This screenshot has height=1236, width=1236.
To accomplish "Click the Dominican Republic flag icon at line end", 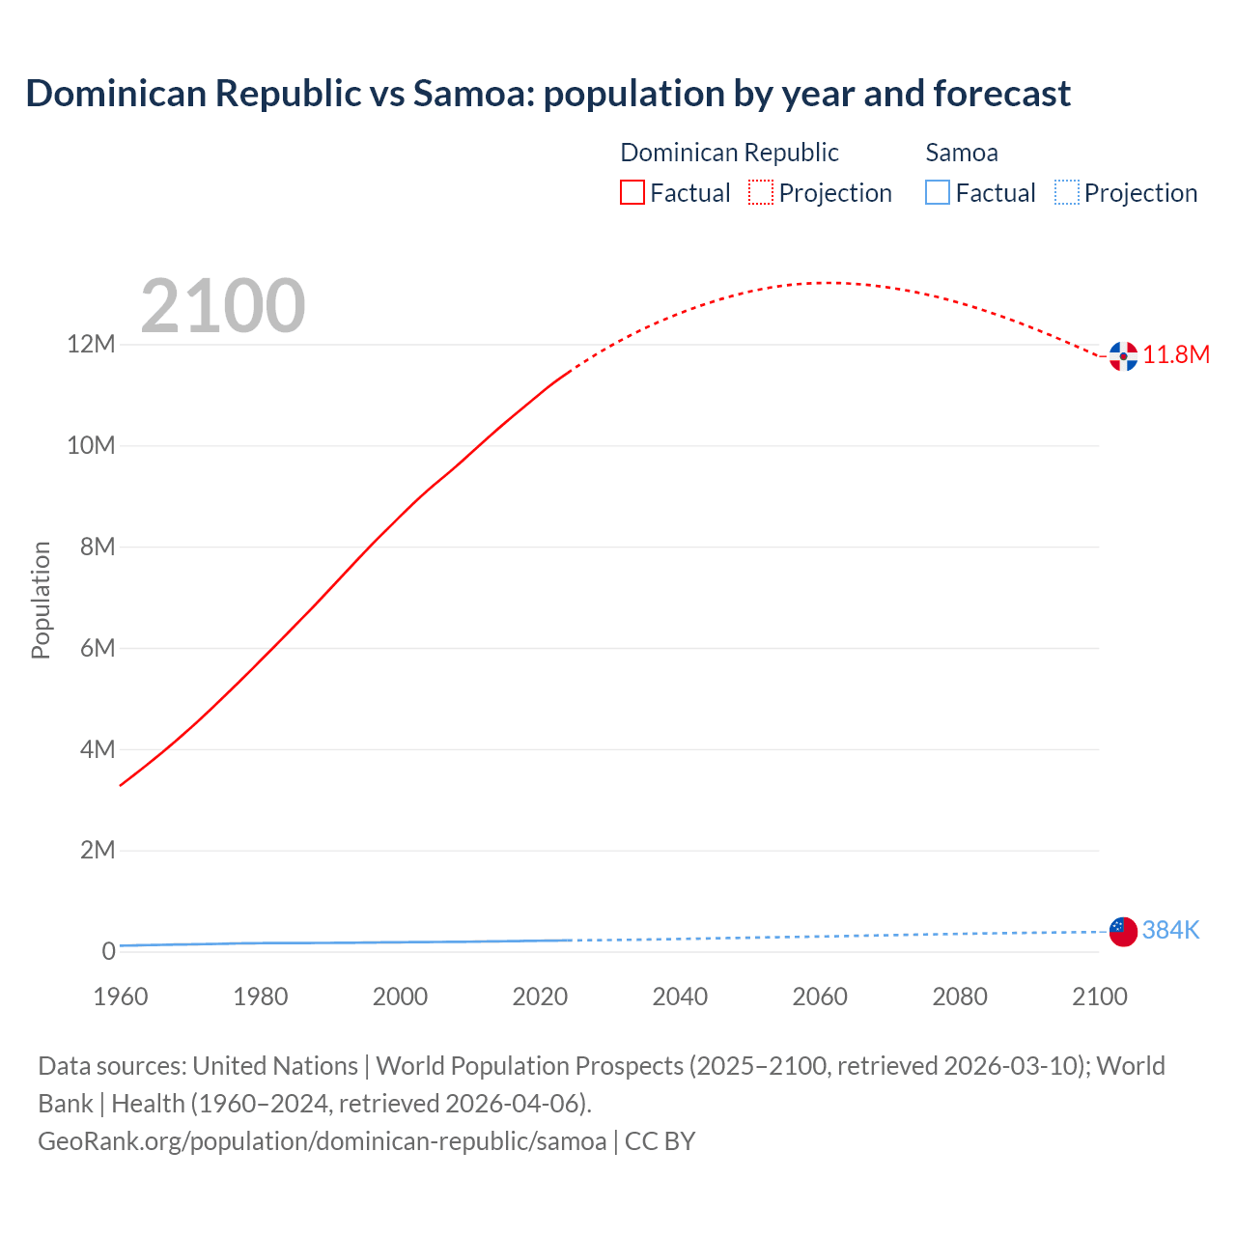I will click(x=1123, y=355).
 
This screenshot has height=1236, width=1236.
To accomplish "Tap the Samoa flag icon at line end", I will click(x=1123, y=931).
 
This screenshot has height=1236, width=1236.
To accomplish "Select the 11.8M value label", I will click(x=1176, y=355).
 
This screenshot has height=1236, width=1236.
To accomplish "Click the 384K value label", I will click(x=1170, y=931).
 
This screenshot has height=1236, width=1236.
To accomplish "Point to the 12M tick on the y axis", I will click(x=91, y=345).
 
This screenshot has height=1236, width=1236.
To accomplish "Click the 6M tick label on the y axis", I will click(x=98, y=648).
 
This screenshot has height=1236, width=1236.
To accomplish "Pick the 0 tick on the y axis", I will click(x=108, y=951).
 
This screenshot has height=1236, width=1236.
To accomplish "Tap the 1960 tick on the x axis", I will click(x=121, y=997).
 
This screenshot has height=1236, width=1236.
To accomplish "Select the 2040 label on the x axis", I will click(x=680, y=997).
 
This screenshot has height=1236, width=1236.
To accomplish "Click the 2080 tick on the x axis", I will click(x=960, y=997).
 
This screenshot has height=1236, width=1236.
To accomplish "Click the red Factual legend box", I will click(x=632, y=193).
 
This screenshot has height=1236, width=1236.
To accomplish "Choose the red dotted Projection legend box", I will click(x=761, y=193).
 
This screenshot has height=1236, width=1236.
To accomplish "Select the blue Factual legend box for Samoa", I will click(x=938, y=193).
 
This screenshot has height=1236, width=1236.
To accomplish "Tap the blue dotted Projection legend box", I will click(x=1067, y=193).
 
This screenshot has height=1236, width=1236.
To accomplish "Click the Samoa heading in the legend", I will click(x=962, y=153).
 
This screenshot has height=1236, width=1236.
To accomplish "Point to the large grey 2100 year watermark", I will click(x=223, y=307).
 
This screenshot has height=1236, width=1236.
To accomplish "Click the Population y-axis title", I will click(x=41, y=600).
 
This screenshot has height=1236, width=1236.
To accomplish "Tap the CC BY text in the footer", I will click(x=660, y=1141).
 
